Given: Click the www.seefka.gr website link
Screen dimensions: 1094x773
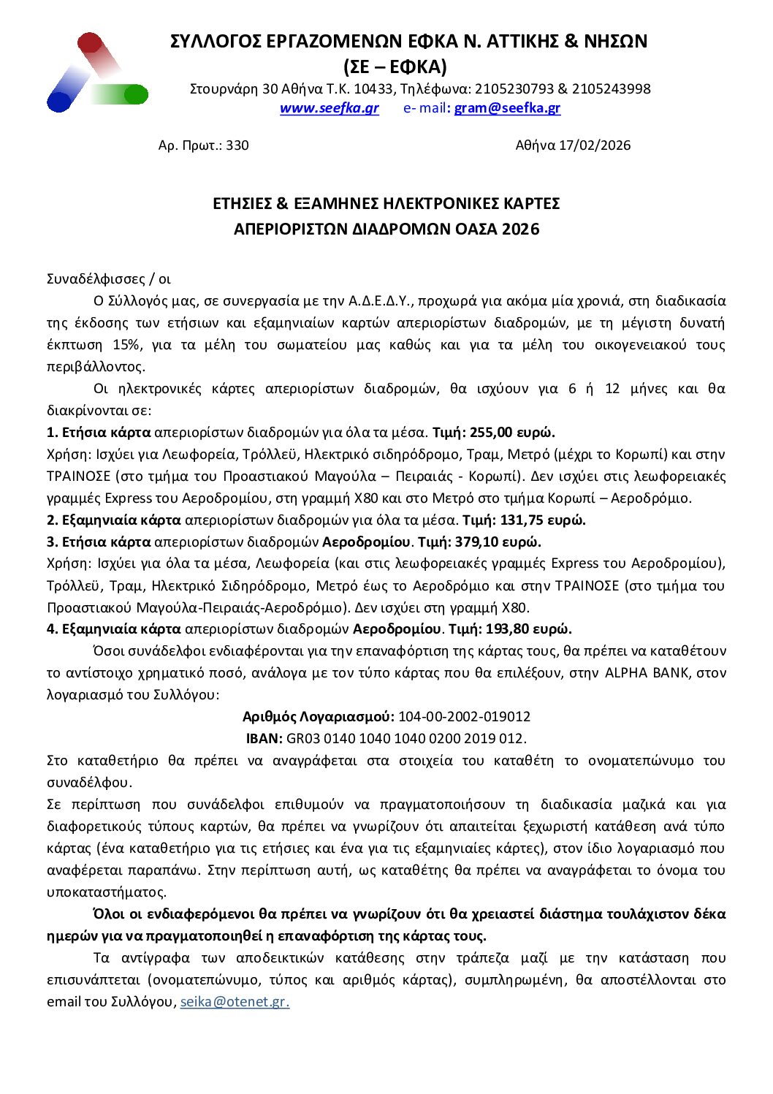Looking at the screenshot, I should [x=329, y=108].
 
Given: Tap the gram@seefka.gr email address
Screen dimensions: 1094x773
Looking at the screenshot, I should [x=507, y=108].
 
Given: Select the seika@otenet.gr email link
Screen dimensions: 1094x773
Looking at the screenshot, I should [x=235, y=1001].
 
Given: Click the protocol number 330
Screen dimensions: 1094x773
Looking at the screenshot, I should [x=237, y=145].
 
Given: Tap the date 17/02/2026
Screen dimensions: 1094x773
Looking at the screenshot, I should [x=594, y=145].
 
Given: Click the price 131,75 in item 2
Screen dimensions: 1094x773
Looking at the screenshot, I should [x=522, y=520].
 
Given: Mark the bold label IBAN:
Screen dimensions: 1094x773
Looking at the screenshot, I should [x=264, y=738].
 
